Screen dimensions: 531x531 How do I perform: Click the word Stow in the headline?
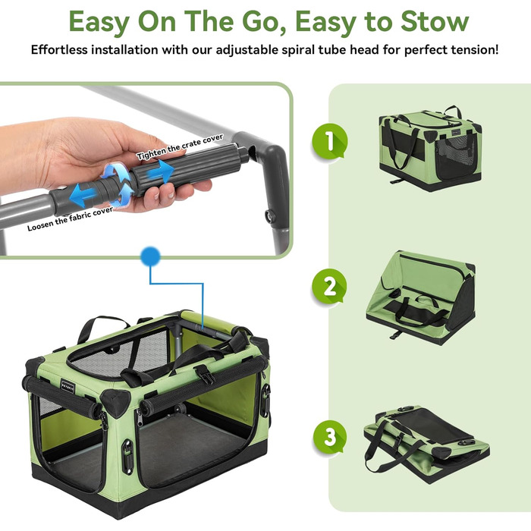(435, 21)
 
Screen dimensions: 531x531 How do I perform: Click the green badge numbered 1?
(329, 141)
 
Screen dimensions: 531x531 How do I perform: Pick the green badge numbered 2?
(329, 287)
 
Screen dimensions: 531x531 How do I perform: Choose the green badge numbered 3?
(329, 437)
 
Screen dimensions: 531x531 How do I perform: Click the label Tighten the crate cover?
(181, 146)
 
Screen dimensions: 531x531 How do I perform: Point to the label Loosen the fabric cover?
(70, 218)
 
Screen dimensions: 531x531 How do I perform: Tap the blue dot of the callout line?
(151, 256)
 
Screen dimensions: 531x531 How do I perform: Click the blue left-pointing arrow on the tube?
(83, 196)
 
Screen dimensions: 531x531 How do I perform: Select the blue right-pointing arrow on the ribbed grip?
(160, 171)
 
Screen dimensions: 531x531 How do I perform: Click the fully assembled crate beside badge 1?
(430, 148)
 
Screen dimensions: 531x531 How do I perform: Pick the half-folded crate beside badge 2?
(421, 298)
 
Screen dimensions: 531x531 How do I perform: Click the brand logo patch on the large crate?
(68, 387)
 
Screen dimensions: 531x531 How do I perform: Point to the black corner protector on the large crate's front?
(115, 402)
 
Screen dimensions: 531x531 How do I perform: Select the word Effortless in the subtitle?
(59, 50)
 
